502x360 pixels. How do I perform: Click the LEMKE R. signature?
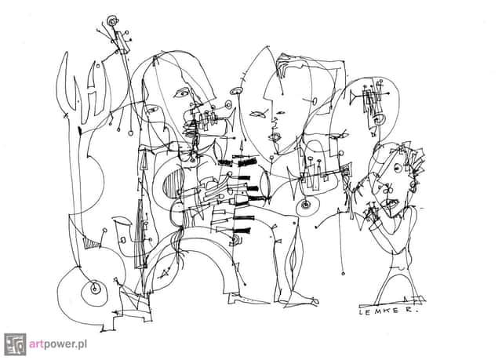[388, 311]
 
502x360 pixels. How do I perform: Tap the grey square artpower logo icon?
[15, 344]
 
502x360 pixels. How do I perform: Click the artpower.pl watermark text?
[58, 344]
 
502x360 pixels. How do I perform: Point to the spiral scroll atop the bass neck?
[112, 22]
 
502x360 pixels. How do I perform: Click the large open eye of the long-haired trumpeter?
[181, 93]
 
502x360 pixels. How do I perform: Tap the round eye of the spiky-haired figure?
[398, 167]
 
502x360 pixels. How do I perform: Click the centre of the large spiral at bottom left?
[94, 289]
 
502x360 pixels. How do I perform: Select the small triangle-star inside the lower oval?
[164, 273]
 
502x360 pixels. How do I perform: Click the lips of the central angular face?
[274, 137]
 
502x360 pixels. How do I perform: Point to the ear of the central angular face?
[314, 101]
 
